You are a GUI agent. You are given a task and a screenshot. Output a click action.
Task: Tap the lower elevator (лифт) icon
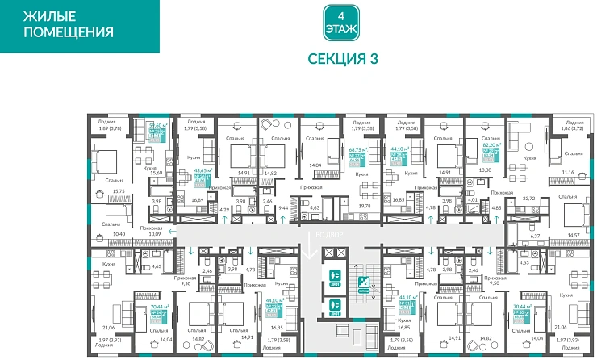tap(334, 306)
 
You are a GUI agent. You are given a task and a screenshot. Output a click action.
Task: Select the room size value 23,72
tap(529, 198)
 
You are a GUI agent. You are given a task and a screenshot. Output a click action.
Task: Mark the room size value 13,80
tap(486, 173)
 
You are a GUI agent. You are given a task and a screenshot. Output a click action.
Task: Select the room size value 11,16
tap(566, 173)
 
